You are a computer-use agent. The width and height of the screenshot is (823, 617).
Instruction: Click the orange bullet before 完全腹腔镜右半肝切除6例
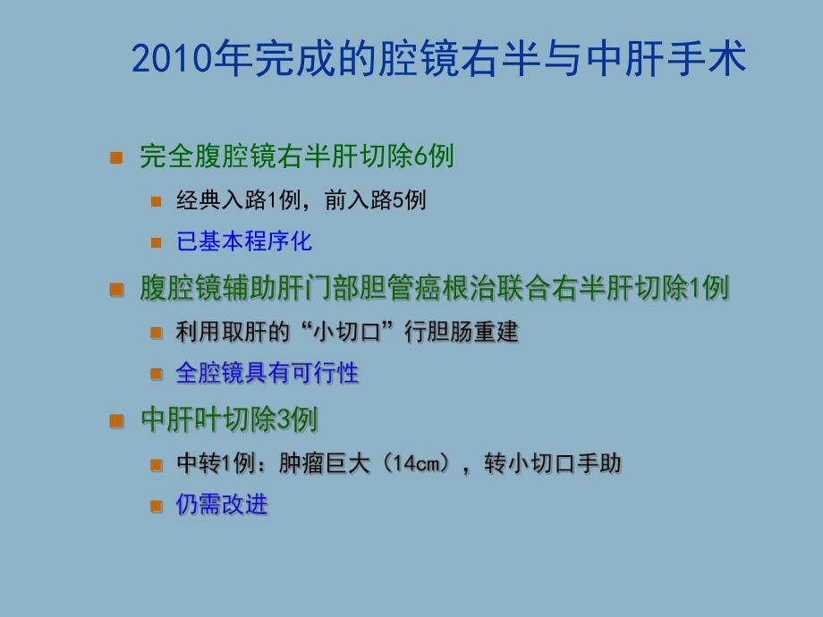pos(115,158)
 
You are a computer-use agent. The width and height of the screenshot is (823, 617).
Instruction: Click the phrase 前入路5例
pos(376,200)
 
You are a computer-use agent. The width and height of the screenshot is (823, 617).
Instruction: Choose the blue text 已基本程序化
pos(244,241)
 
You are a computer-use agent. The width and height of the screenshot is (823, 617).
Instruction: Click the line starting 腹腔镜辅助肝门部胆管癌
pos(435,288)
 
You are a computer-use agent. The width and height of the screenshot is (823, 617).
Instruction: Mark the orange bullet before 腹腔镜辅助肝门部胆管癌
pos(115,290)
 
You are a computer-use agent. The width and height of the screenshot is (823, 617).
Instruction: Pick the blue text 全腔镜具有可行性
pos(267,373)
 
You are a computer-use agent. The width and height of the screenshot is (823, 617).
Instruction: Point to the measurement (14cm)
pos(411,463)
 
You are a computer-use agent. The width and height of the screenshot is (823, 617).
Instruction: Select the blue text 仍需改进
pos(222,504)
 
